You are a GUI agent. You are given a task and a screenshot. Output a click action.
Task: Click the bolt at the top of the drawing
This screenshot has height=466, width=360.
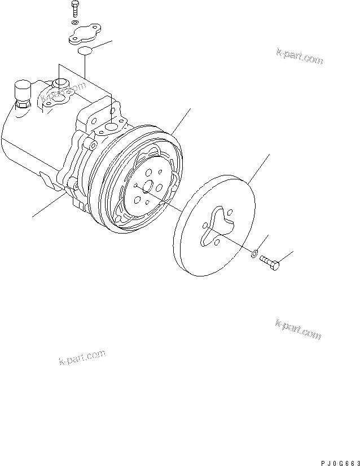tap(75, 10)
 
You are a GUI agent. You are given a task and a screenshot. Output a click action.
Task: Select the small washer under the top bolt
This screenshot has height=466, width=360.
tap(75, 24)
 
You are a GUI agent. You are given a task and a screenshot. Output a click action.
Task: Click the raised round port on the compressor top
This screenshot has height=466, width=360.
tap(59, 85)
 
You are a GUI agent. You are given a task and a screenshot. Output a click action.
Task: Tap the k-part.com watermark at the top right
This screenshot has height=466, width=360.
tap(300, 55)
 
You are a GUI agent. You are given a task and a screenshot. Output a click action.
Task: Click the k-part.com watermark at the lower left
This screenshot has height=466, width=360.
tap(82, 357)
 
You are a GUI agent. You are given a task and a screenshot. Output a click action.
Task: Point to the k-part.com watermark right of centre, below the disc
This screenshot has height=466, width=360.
tap(298, 329)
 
